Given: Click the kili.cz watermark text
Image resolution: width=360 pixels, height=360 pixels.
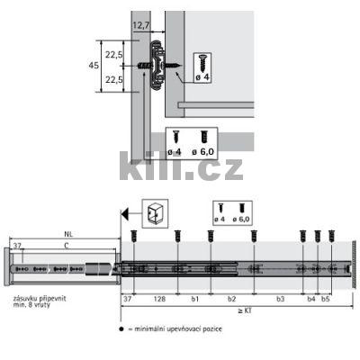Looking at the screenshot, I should tap(180, 166).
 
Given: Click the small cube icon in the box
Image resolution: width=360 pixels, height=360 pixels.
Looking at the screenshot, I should tap(154, 213).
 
